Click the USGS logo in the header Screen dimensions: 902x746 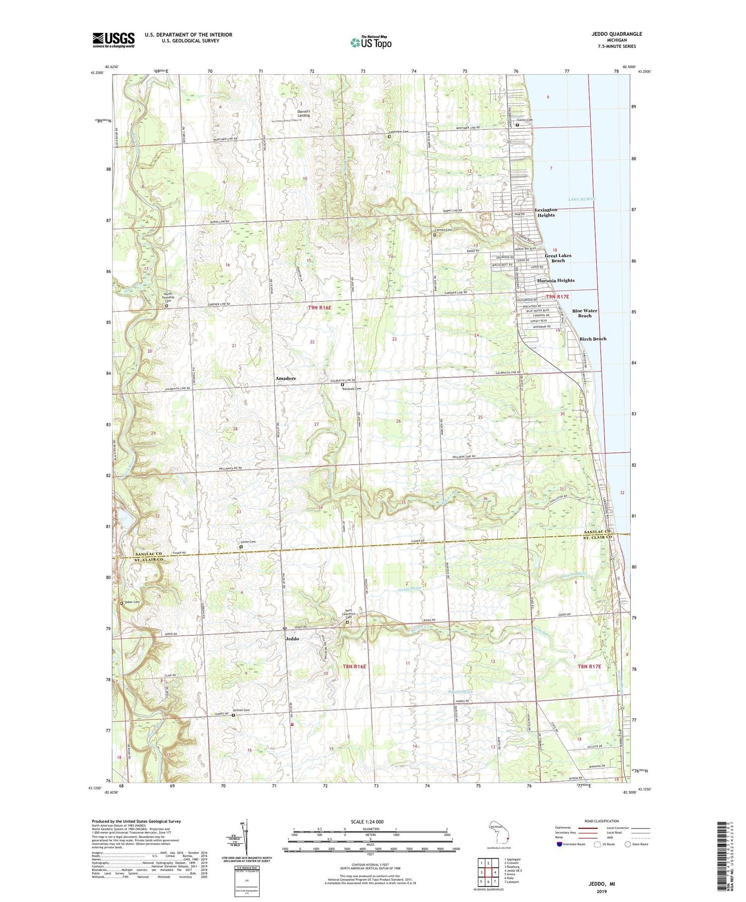tap(113, 40)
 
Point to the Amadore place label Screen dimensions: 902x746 tap(285, 379)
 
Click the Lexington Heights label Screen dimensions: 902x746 tap(546, 212)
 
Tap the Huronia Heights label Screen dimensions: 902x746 tap(556, 281)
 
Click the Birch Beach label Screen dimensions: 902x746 tap(593, 339)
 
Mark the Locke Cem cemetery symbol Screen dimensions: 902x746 tap(241, 547)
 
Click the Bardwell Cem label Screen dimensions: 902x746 tap(351, 389)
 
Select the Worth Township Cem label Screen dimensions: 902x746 tap(169, 297)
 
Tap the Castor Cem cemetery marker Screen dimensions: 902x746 tap(517, 125)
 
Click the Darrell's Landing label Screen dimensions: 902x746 tap(303, 113)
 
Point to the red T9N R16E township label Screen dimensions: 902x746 tap(319, 308)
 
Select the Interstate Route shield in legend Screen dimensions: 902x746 tap(559, 844)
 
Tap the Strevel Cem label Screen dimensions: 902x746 tap(242, 710)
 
